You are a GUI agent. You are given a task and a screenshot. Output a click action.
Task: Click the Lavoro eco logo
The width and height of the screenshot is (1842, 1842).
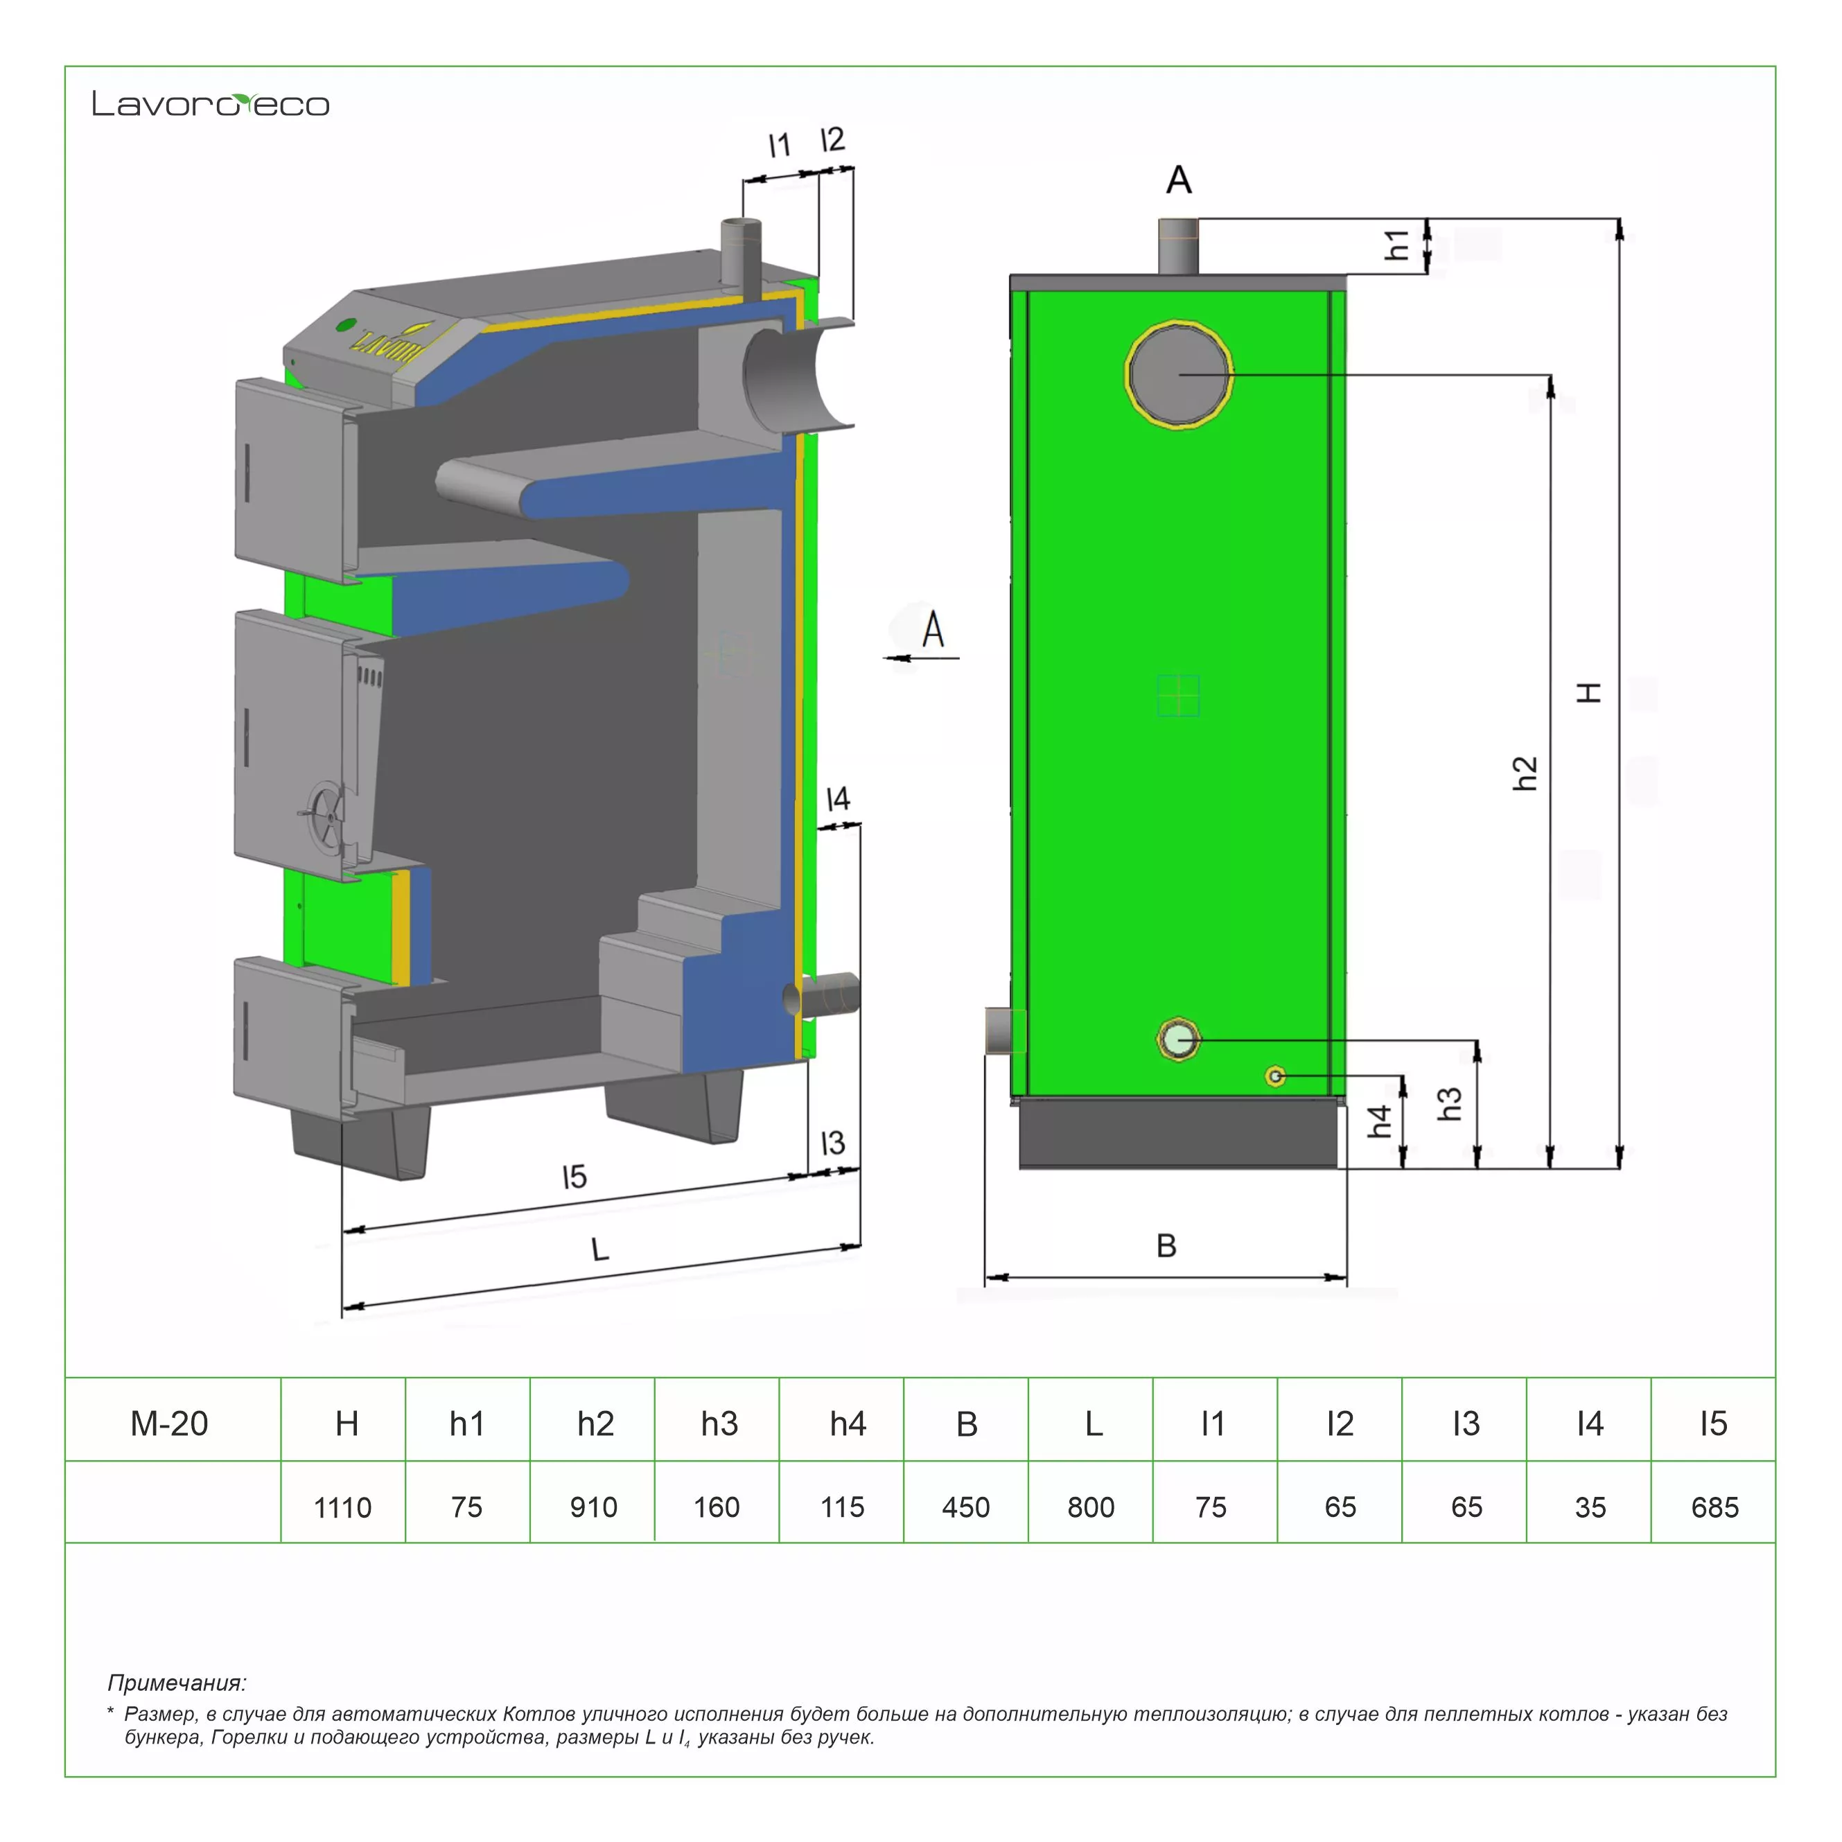[211, 104]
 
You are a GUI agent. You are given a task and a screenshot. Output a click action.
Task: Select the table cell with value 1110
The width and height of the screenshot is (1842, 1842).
[342, 1507]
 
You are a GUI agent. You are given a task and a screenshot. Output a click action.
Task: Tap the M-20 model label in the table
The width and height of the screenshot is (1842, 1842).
[169, 1423]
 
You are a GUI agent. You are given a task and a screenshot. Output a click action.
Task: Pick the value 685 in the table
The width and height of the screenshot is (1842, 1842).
[1714, 1507]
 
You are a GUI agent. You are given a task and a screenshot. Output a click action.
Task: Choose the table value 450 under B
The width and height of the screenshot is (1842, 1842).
[966, 1507]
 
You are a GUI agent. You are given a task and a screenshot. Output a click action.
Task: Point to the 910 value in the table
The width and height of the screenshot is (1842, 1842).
[593, 1507]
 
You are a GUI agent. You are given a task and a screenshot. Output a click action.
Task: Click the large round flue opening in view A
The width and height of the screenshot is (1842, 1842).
[1179, 374]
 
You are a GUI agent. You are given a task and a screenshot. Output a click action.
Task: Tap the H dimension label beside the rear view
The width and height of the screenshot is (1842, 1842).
[1589, 692]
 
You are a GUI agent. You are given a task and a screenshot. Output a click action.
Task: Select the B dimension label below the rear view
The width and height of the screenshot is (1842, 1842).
[1166, 1245]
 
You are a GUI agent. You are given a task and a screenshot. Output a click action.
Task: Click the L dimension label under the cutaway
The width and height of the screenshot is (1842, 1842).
[599, 1249]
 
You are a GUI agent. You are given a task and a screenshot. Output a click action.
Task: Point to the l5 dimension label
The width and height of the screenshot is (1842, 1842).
[574, 1177]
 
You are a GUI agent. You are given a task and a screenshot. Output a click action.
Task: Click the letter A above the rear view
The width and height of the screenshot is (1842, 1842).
[1179, 179]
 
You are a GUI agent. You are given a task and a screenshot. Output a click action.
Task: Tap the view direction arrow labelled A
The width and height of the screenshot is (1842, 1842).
[921, 657]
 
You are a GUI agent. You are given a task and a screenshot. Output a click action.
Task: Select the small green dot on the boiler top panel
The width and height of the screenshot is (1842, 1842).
[346, 325]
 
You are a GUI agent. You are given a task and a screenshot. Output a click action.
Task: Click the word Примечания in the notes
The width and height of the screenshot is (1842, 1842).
[177, 1683]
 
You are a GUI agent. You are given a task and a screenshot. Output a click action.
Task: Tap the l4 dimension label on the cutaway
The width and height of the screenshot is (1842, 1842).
[837, 799]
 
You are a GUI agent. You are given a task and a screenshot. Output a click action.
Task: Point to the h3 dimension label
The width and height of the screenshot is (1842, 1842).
[1449, 1104]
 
